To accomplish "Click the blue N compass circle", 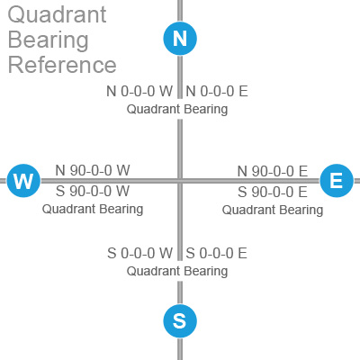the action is [x=180, y=39].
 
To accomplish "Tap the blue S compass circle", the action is [x=180, y=321].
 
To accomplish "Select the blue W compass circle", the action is [x=23, y=181].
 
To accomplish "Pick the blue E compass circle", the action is [x=337, y=181].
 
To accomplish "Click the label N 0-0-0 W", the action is [x=139, y=91].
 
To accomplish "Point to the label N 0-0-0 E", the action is [x=217, y=91].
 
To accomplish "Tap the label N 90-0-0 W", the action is [x=93, y=170].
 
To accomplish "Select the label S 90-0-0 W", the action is [x=93, y=191].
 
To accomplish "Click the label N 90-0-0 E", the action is [x=273, y=171].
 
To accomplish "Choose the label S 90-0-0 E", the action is [x=273, y=192].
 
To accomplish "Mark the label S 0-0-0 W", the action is [x=140, y=253].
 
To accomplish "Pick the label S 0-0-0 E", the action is [x=216, y=253].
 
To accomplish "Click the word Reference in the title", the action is [x=62, y=65].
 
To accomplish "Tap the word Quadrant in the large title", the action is [x=57, y=15].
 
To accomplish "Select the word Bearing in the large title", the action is [x=49, y=40].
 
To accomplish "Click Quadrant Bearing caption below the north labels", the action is [x=177, y=109].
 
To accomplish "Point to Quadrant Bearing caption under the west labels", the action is [x=93, y=209].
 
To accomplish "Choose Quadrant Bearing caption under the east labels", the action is [x=273, y=210].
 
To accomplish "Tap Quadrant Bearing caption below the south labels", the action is [x=177, y=271].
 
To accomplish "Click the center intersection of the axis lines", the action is [x=180, y=181].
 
